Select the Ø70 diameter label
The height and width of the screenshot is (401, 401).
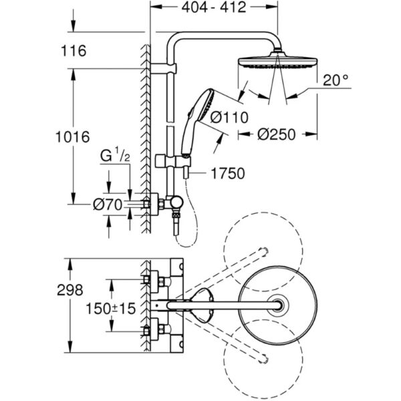coord(108,207)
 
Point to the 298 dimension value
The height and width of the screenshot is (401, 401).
coord(70,290)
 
